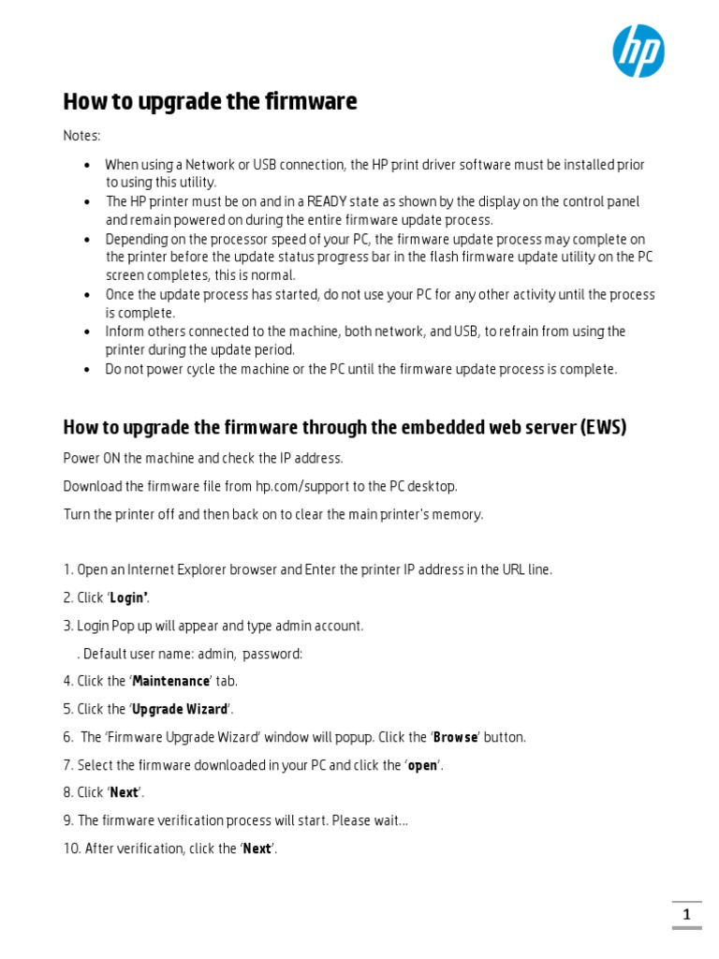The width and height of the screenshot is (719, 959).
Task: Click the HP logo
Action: (x=638, y=51)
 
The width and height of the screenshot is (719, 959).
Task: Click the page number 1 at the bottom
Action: (x=686, y=915)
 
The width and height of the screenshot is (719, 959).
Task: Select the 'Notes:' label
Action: (x=81, y=136)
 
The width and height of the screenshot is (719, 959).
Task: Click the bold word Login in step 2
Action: (x=128, y=598)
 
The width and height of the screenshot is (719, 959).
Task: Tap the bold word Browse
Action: (x=456, y=737)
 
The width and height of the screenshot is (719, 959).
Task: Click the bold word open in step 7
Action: (x=423, y=765)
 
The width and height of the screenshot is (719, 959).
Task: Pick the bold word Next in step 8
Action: (x=125, y=792)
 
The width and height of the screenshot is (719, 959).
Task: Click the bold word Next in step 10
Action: (x=257, y=848)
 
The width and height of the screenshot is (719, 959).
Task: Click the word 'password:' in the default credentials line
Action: (x=272, y=654)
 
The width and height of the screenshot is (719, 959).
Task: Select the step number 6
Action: (x=67, y=737)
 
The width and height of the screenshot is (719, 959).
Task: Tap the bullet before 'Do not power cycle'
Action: (x=87, y=369)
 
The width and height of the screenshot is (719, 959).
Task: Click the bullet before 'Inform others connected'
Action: (x=87, y=332)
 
